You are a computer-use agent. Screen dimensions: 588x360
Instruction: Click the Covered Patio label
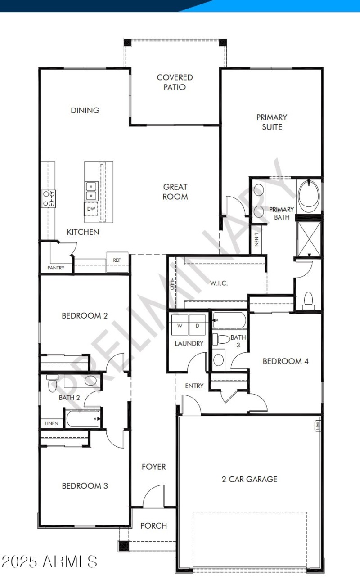pyautogui.click(x=175, y=82)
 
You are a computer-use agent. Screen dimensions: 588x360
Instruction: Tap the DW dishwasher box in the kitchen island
pyautogui.click(x=91, y=208)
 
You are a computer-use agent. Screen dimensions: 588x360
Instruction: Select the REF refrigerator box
pyautogui.click(x=117, y=260)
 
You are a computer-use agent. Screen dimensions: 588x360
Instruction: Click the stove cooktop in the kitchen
pyautogui.click(x=49, y=198)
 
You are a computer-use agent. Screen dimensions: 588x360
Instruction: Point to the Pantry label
pyautogui.click(x=56, y=268)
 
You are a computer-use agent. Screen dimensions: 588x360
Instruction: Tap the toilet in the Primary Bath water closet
pyautogui.click(x=308, y=301)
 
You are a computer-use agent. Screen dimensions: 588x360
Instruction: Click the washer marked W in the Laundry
pyautogui.click(x=180, y=324)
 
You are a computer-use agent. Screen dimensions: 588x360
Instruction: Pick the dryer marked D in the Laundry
pyautogui.click(x=197, y=324)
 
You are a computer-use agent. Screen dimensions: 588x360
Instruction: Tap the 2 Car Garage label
pyautogui.click(x=249, y=479)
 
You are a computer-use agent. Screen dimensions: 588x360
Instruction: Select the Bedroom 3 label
pyautogui.click(x=85, y=486)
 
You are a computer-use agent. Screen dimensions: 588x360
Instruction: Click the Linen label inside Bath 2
pyautogui.click(x=51, y=423)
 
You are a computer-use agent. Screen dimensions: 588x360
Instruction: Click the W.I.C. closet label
pyautogui.click(x=219, y=283)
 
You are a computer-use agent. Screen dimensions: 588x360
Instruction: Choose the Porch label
pyautogui.click(x=153, y=525)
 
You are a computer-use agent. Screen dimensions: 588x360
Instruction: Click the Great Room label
pyautogui.click(x=175, y=192)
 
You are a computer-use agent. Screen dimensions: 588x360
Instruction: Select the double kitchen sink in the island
pyautogui.click(x=91, y=190)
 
